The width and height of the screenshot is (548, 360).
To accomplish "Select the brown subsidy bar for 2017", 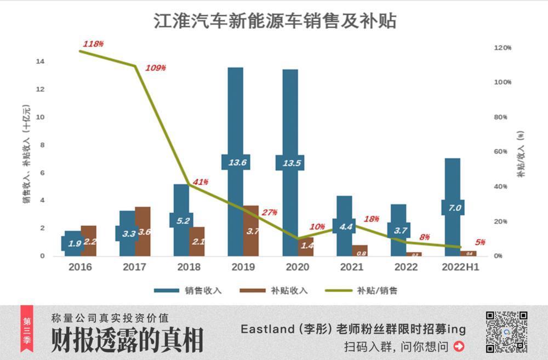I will click(x=142, y=241).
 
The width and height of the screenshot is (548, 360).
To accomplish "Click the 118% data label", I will click(x=93, y=44).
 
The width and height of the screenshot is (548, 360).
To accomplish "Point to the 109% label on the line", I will click(x=156, y=68).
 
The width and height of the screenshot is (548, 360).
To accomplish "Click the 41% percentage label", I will click(x=201, y=182).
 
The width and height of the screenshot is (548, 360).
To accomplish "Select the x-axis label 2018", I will click(x=189, y=267).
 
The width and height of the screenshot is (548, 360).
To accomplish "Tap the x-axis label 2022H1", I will click(x=460, y=267).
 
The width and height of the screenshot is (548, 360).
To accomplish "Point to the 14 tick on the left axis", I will click(x=40, y=61).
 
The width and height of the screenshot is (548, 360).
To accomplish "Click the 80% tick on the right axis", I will click(x=503, y=117).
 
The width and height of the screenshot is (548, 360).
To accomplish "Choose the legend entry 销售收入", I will click(x=203, y=290).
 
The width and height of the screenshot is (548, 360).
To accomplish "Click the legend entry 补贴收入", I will click(x=289, y=290).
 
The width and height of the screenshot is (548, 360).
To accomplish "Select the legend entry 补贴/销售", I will click(x=377, y=290).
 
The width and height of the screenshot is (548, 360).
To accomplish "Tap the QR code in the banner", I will click(x=506, y=332).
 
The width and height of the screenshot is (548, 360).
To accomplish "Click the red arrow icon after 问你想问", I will click(x=459, y=346).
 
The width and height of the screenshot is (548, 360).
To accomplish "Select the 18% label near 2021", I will click(x=371, y=219).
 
